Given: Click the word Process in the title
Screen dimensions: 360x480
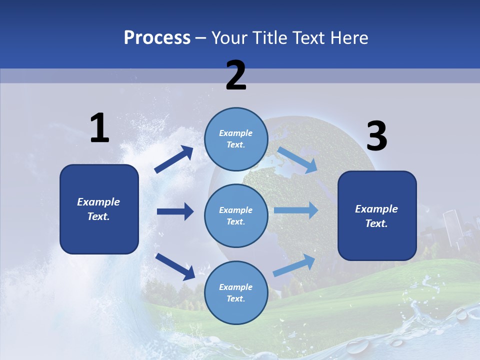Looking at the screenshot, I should pyautogui.click(x=157, y=37).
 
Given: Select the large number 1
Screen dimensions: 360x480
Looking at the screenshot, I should pyautogui.click(x=99, y=128).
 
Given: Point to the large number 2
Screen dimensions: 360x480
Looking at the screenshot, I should pyautogui.click(x=236, y=75).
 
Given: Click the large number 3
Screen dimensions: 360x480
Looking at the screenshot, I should pyautogui.click(x=376, y=136).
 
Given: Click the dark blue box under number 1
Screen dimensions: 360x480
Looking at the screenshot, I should pyautogui.click(x=99, y=209).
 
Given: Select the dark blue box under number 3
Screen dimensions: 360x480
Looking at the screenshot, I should pyautogui.click(x=377, y=215).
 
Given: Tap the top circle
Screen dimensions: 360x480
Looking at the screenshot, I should pyautogui.click(x=236, y=139).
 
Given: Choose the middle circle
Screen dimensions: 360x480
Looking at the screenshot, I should pyautogui.click(x=236, y=215).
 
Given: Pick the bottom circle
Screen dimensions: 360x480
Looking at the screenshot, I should pyautogui.click(x=236, y=292).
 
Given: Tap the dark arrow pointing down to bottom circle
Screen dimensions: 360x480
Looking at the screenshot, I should pyautogui.click(x=175, y=266).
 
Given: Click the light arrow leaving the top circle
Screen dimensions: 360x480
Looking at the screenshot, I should pyautogui.click(x=297, y=159).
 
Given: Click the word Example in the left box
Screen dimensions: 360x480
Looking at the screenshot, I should pyautogui.click(x=98, y=202).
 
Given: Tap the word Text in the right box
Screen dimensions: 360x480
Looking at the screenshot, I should pyautogui.click(x=376, y=223).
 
